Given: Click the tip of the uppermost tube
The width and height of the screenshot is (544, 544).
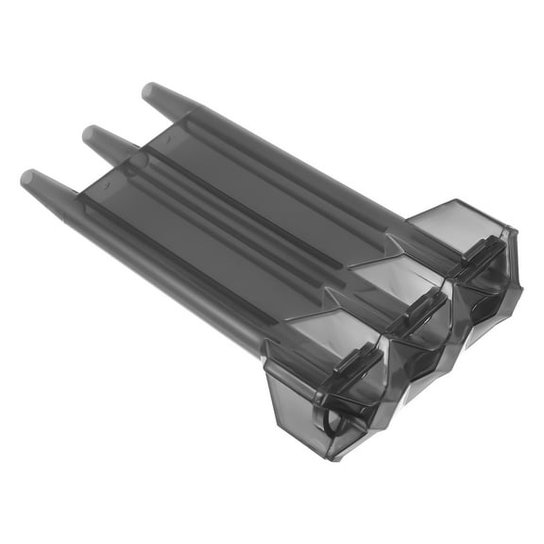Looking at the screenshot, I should (150, 91).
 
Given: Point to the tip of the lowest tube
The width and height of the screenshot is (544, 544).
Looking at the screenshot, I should (29, 176).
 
